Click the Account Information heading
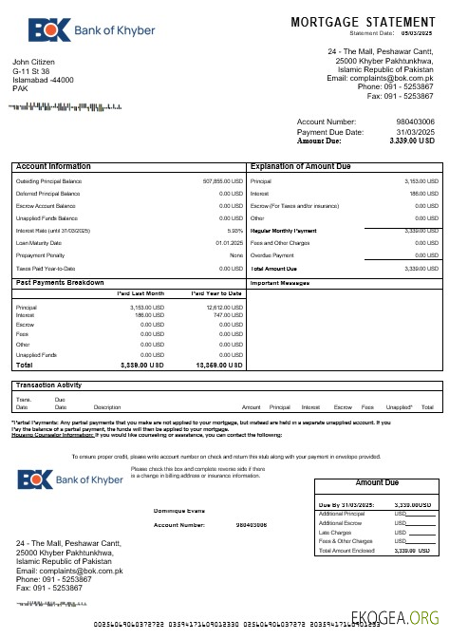[x=54, y=166]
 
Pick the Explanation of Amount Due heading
[x=303, y=166]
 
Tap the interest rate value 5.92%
[x=235, y=230]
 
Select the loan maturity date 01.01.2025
[x=230, y=242]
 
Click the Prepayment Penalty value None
[x=236, y=254]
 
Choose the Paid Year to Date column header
[x=216, y=293]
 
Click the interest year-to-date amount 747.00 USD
[x=225, y=314]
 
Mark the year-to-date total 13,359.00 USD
[x=219, y=365]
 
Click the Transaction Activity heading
[x=48, y=385]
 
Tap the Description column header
[x=107, y=406]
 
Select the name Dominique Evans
[x=179, y=511]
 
